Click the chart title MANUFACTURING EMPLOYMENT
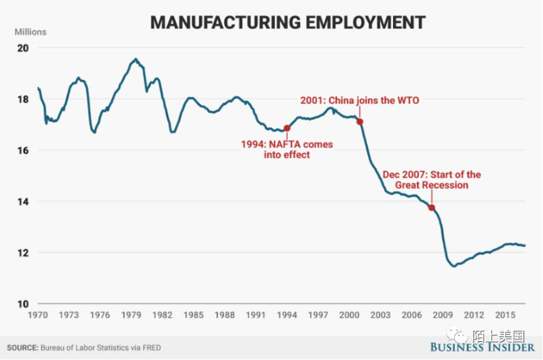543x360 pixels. click(x=287, y=22)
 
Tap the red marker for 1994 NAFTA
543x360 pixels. click(x=287, y=128)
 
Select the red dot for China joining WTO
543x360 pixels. click(x=360, y=122)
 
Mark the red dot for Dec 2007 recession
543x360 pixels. click(x=431, y=207)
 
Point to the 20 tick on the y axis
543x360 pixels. click(x=23, y=48)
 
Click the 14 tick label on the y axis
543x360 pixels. click(x=23, y=202)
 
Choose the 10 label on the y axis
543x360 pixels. click(x=23, y=304)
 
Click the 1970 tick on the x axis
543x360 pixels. click(x=37, y=315)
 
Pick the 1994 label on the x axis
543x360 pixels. click(x=287, y=315)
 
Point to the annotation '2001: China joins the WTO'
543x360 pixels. click(x=359, y=101)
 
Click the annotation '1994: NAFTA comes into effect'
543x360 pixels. click(x=287, y=149)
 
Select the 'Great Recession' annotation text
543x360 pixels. click(x=431, y=185)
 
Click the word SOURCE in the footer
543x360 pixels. click(x=22, y=348)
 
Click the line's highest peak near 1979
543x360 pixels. click(x=135, y=59)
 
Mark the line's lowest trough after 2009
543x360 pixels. click(x=454, y=266)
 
